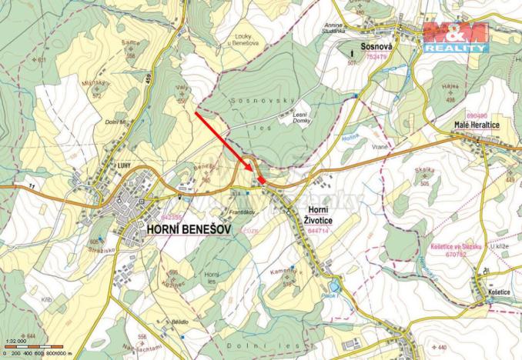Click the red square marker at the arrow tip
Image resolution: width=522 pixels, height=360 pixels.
click(263, 179)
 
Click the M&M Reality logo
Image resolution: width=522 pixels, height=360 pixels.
click(455, 37)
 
